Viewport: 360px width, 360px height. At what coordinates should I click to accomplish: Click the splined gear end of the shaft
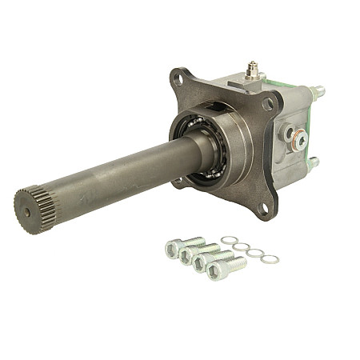30,203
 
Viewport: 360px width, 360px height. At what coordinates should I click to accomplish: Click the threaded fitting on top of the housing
254,70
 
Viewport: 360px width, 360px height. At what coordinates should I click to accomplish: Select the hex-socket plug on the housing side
300,140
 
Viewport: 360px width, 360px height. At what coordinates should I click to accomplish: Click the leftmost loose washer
230,240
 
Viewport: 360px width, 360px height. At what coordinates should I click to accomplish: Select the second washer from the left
242,246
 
